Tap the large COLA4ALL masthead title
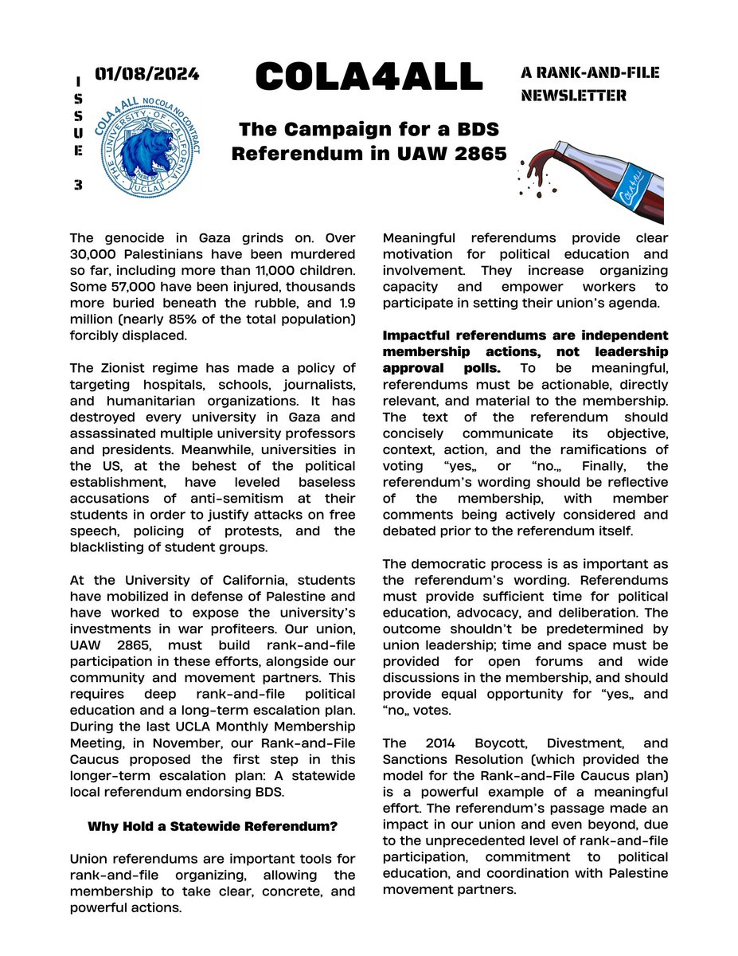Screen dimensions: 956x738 tap(369, 77)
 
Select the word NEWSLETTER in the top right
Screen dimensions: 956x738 tap(573, 96)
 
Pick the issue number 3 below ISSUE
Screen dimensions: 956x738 tap(78, 184)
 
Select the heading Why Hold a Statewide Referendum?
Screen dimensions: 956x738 tap(212, 826)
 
